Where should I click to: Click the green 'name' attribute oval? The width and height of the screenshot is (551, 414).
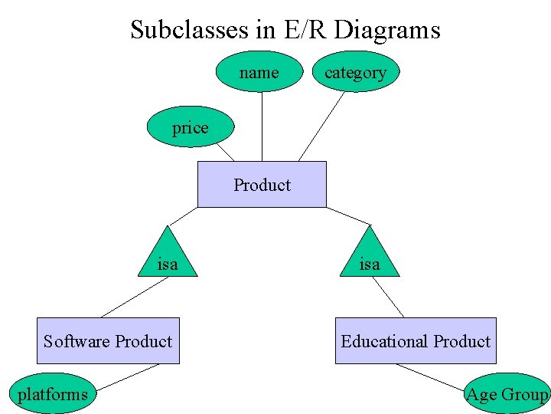(259, 72)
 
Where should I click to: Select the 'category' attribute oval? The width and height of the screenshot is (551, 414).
(355, 72)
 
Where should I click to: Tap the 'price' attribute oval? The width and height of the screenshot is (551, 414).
(190, 127)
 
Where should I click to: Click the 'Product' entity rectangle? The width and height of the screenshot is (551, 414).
(262, 184)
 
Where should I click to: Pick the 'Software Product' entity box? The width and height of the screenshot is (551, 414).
(108, 341)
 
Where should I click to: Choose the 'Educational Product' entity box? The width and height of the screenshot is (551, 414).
(416, 341)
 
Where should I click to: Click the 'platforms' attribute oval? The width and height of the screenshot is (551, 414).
(53, 394)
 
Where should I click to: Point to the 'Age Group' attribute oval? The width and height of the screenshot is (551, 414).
(507, 394)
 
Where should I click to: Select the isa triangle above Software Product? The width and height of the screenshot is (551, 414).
(167, 256)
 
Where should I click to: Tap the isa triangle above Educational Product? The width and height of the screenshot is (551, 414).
(370, 256)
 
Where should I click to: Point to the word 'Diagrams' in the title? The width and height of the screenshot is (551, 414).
(387, 30)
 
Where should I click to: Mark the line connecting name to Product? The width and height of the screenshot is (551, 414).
(262, 127)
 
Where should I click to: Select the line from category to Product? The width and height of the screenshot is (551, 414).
(321, 127)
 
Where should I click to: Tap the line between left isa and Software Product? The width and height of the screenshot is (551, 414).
(135, 297)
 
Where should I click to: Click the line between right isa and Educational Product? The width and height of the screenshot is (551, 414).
(387, 297)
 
